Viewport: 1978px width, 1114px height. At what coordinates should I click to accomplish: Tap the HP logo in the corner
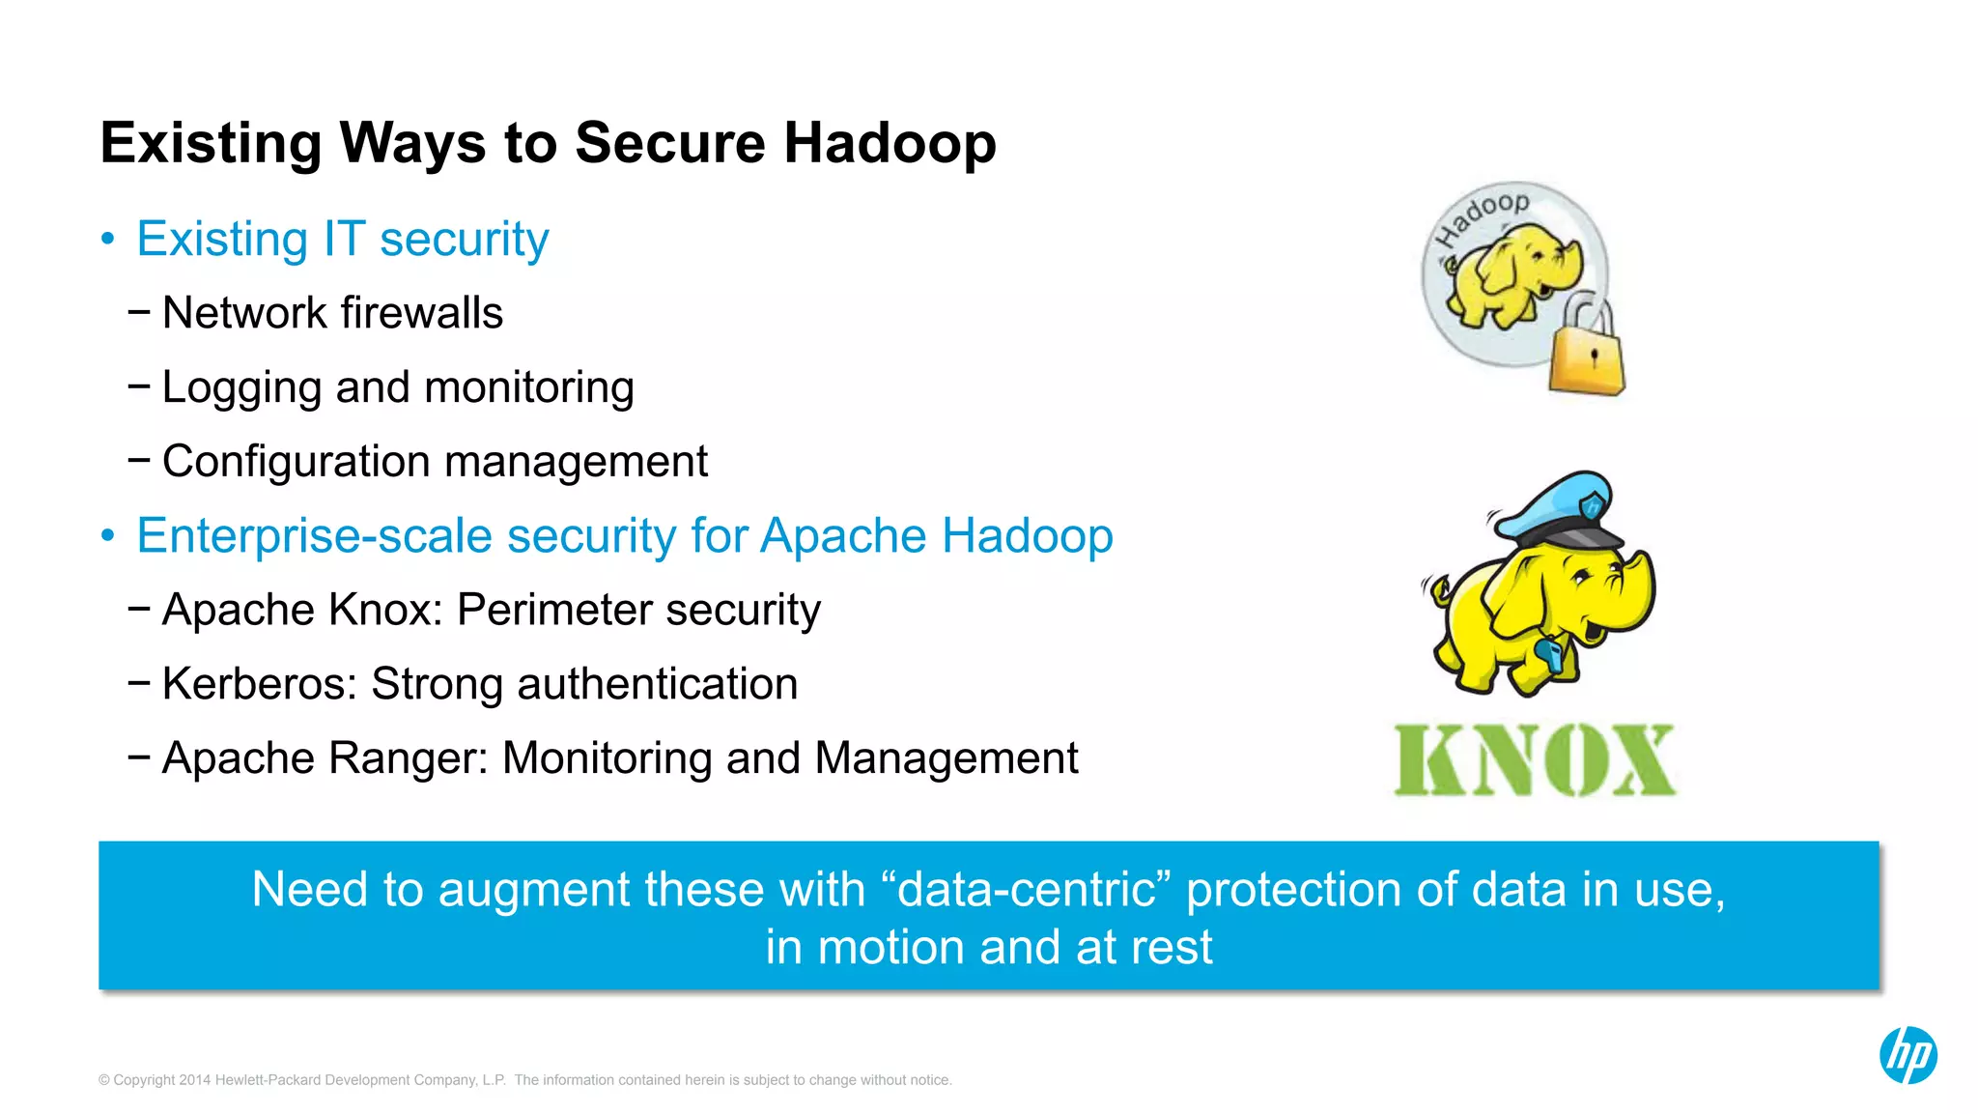[x=1907, y=1055]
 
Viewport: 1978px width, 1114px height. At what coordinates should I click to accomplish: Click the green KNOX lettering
[x=1535, y=760]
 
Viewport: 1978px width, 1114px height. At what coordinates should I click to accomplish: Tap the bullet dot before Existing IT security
[x=108, y=239]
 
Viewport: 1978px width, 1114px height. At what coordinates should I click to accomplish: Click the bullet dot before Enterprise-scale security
[x=108, y=536]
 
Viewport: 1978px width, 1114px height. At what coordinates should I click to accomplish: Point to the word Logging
[x=241, y=388]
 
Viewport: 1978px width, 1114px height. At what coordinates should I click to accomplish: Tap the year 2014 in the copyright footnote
[x=195, y=1080]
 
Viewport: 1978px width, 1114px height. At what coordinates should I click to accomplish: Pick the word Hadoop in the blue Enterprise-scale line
[x=1028, y=536]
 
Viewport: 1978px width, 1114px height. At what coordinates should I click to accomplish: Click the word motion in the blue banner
[x=890, y=948]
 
